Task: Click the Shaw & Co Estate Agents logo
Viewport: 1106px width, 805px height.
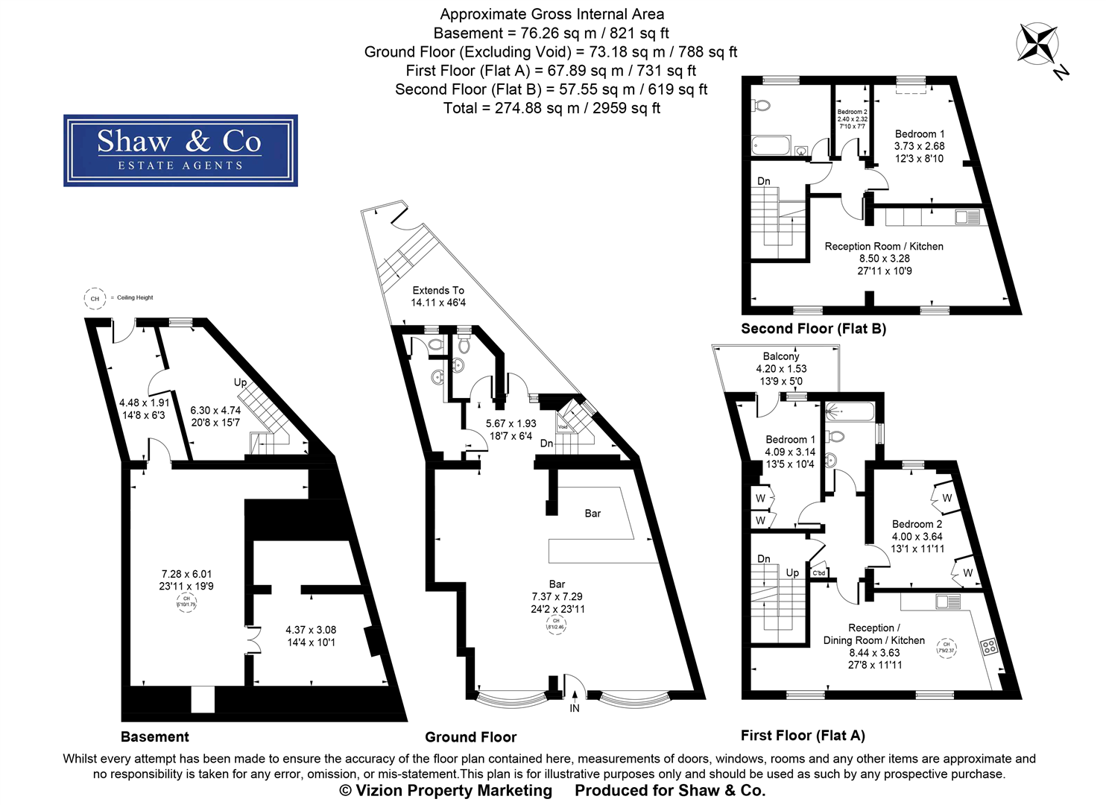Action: coord(180,151)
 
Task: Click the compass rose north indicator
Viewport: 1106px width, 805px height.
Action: coord(1037,43)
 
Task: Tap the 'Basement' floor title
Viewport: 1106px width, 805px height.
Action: coord(155,737)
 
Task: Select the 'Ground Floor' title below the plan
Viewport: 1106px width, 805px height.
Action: coord(470,737)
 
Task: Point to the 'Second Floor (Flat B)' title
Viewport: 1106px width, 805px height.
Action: coord(813,329)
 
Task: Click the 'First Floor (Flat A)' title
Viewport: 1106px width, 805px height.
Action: coord(803,736)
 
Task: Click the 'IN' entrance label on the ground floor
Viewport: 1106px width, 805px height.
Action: coord(575,708)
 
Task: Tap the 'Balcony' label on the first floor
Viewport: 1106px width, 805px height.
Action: coord(780,356)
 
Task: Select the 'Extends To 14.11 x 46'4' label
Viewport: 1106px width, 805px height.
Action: coord(438,296)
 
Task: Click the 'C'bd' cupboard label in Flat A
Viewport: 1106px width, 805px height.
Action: coord(818,572)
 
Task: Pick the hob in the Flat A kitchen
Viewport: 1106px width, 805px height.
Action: coord(989,647)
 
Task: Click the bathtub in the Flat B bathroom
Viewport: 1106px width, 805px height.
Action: coord(771,145)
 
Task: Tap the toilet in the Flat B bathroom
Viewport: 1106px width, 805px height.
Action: coord(762,107)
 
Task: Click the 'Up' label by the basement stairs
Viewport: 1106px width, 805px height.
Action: coord(240,382)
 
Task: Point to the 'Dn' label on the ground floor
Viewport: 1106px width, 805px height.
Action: coord(546,443)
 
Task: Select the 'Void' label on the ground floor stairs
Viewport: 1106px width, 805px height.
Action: coord(563,427)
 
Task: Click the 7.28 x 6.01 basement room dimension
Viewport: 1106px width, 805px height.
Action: coord(186,574)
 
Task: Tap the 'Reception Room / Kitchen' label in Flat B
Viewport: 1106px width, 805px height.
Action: coord(884,246)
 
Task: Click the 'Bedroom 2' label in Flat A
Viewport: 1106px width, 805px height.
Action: coord(917,524)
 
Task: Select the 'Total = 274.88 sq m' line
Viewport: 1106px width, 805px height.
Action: coord(552,108)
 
